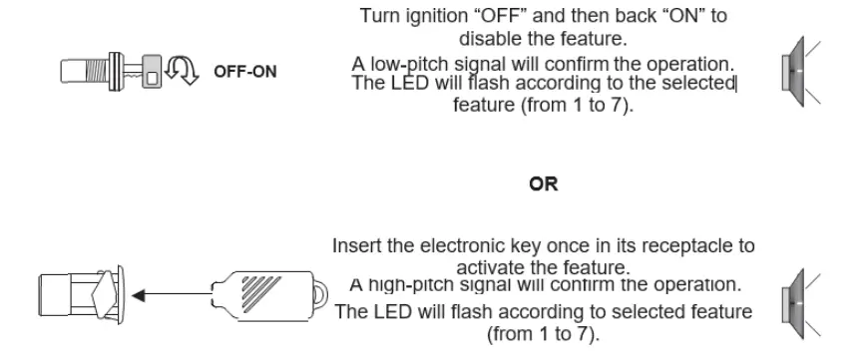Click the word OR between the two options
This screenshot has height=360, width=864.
pyautogui.click(x=544, y=184)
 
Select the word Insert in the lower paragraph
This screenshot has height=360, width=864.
pyautogui.click(x=356, y=246)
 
